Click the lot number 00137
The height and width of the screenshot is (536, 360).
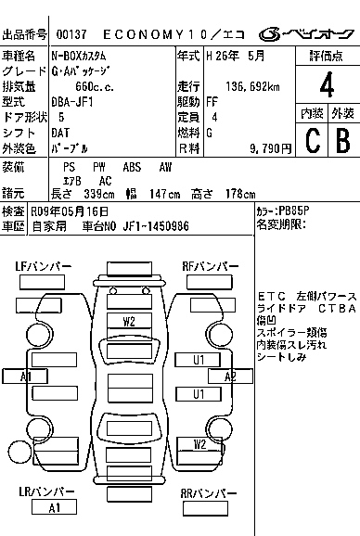click(x=71, y=33)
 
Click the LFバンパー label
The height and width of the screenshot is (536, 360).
click(x=43, y=267)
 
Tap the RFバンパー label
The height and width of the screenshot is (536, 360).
click(x=211, y=267)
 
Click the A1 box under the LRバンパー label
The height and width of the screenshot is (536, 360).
click(x=55, y=507)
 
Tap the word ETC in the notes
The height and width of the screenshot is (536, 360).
click(x=270, y=296)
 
